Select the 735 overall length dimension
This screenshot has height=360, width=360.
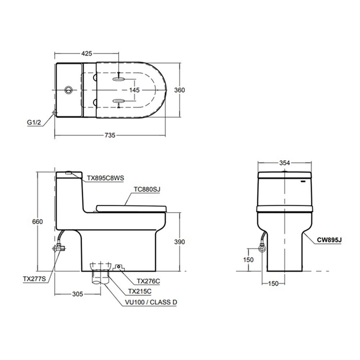(110, 135)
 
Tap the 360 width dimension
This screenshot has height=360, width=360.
(180, 90)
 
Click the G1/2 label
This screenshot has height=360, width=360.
(35, 122)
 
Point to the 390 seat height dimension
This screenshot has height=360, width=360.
(179, 242)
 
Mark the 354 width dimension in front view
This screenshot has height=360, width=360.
(284, 163)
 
